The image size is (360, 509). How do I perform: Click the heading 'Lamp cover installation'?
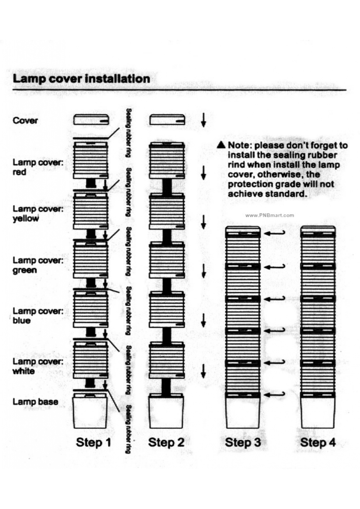coord(81,79)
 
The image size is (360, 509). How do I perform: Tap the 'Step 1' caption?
coord(94,442)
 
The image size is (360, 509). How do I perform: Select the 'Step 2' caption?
coord(166,442)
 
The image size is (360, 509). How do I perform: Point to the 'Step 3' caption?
coord(243,442)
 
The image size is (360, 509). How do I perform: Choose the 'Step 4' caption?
coord(318,442)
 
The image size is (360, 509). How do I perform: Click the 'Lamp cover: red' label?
coord(38,167)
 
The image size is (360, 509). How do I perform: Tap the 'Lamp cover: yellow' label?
coord(38,214)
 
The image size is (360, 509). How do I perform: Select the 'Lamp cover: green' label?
coord(38,265)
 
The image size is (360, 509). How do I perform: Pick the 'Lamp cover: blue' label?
coord(38,315)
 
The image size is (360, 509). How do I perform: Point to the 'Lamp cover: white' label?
coord(38,366)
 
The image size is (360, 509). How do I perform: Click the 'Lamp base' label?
coord(35,401)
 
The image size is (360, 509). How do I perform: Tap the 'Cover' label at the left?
coord(25,121)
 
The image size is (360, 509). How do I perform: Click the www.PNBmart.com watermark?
coord(270,215)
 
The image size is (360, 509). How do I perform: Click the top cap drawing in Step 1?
coord(91,119)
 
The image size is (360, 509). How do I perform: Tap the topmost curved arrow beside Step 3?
coord(275,233)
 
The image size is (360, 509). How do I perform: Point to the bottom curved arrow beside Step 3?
coord(275,395)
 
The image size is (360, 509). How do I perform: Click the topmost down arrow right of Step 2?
coord(203,120)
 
